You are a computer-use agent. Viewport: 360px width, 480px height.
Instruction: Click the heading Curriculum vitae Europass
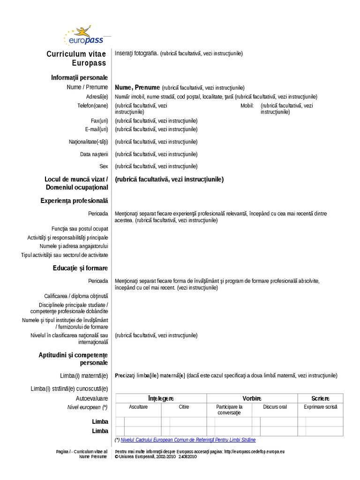[x=77, y=58]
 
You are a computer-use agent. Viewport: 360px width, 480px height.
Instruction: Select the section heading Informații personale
[x=79, y=77]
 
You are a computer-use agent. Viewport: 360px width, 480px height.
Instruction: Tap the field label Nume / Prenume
[x=87, y=87]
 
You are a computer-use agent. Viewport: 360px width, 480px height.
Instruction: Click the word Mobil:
[x=247, y=105]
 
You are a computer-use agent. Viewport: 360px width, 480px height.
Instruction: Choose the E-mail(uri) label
[x=97, y=129]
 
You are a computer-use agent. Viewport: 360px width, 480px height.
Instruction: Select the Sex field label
[x=104, y=166]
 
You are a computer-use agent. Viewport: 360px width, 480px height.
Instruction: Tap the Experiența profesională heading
[x=74, y=201]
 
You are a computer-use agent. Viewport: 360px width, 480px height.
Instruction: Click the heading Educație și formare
[x=81, y=268]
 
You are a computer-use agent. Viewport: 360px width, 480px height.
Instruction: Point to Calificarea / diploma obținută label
[x=76, y=296]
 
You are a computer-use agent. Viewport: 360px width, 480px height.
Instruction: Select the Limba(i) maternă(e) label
[x=84, y=375]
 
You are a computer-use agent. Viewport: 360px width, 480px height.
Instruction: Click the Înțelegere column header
[x=161, y=398]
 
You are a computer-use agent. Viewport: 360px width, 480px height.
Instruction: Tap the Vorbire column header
[x=252, y=398]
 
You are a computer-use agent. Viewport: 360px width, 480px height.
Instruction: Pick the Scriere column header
[x=321, y=398]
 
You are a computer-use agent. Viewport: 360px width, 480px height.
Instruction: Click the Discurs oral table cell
[x=275, y=407]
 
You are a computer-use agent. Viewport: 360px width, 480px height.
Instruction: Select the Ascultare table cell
[x=138, y=407]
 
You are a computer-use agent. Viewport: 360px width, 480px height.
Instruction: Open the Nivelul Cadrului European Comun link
[x=188, y=440]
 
